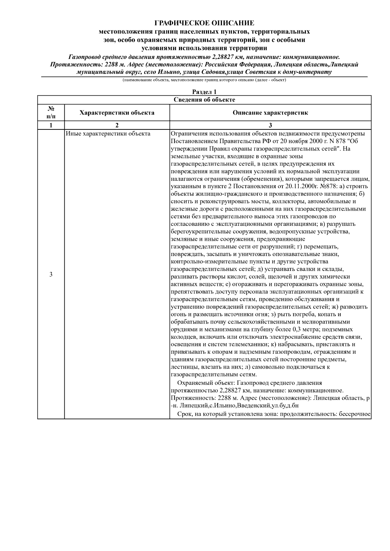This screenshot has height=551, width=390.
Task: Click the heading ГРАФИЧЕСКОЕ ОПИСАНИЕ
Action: point(204,23)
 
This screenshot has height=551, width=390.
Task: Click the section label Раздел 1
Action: point(204,92)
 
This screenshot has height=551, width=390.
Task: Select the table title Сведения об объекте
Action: point(204,100)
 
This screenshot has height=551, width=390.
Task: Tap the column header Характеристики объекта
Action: point(117,113)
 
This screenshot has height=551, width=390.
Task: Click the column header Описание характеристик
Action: point(270,113)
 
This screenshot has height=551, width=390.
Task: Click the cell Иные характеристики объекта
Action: point(108,134)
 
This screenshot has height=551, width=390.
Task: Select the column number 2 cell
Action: point(117,125)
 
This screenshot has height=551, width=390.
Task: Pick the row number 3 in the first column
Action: point(51,275)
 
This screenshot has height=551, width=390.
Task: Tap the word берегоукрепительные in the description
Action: point(201,232)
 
